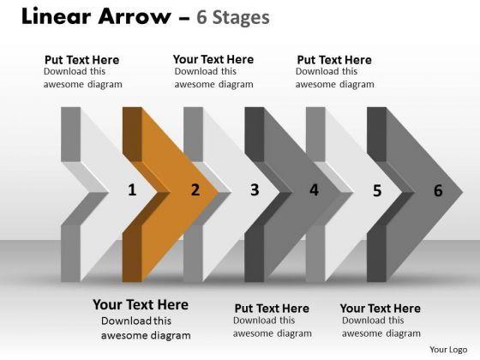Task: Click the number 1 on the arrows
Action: tap(132, 189)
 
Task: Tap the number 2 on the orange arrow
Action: tap(195, 189)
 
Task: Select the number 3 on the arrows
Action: tap(255, 189)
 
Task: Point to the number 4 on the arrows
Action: tap(314, 189)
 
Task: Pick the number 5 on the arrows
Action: tap(377, 190)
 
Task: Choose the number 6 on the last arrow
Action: tap(438, 190)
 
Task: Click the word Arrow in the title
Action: tap(135, 16)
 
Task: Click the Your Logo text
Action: tap(448, 350)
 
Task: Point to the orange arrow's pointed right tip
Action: tap(219, 193)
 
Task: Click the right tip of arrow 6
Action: tap(463, 193)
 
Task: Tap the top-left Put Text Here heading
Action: tap(81, 60)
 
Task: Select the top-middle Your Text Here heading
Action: tap(213, 59)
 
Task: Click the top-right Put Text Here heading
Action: tap(334, 60)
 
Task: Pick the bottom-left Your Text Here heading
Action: tap(141, 304)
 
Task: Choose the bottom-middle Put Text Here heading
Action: tap(272, 309)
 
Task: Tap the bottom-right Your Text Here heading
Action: tap(381, 309)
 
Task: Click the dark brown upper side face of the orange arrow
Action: tap(132, 134)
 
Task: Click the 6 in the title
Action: tap(201, 17)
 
